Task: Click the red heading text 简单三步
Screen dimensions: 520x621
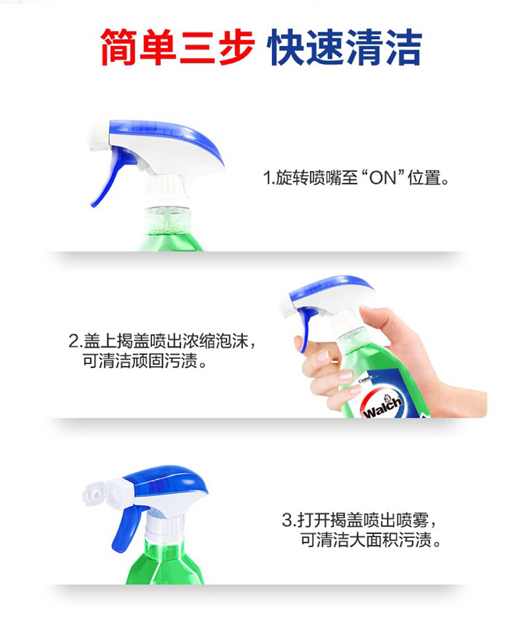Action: coord(177,47)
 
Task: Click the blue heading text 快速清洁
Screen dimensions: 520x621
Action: coord(345,47)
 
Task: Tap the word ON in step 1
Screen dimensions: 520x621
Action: coord(382,178)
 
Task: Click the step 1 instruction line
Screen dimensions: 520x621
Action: coord(356,178)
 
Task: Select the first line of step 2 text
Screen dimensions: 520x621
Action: coord(162,340)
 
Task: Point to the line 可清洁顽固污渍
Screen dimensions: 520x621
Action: coord(145,361)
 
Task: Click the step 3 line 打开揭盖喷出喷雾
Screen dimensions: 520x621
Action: coord(359,519)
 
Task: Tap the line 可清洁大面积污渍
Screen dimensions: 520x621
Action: coord(371,539)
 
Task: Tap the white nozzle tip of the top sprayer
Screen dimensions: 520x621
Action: coord(98,136)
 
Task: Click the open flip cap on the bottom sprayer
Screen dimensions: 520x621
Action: coord(96,493)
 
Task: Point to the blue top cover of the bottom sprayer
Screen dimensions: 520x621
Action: coord(167,481)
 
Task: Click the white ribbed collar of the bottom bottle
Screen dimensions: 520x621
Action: coord(165,524)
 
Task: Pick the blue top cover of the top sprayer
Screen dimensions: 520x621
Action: coord(167,138)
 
